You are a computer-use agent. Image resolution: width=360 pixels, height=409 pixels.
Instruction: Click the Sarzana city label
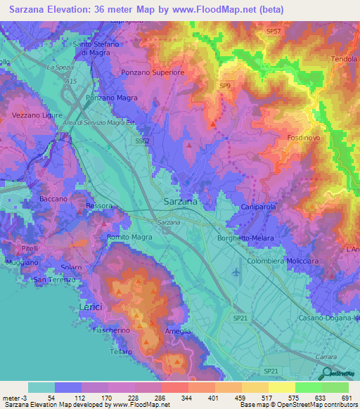pos(180,201)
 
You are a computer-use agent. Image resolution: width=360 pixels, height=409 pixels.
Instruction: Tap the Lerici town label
pos(89,308)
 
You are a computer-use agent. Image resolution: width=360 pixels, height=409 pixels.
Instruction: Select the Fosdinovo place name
pos(304,138)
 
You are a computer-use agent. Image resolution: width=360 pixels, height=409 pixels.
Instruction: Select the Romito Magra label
pos(129,238)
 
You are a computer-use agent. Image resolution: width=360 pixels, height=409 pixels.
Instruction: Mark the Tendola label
pos(343,59)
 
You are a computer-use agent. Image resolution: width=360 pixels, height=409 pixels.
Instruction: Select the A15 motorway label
pos(70,82)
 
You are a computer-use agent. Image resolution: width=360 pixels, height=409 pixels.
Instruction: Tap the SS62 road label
pos(143,141)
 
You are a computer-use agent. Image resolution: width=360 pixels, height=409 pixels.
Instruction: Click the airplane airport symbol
pos(235,272)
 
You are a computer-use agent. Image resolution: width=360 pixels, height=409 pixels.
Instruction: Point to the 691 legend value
pos(346,398)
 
